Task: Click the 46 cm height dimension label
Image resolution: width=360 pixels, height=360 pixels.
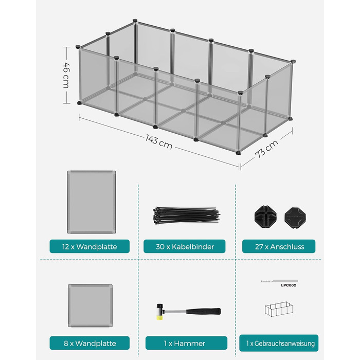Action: [x=66, y=75]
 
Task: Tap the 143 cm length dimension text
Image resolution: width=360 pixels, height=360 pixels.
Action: [x=159, y=142]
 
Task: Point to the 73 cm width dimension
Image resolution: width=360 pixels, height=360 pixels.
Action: [x=266, y=149]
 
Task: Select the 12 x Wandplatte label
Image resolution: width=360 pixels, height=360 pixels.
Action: [x=89, y=246]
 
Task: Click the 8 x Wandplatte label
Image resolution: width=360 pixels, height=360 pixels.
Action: [x=89, y=343]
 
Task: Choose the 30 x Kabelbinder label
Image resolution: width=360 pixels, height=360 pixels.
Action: [x=185, y=246]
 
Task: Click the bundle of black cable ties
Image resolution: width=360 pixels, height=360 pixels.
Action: [x=186, y=216]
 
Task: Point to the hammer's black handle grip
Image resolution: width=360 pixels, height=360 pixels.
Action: [x=204, y=311]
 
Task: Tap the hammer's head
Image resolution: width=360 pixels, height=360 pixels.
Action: [x=160, y=312]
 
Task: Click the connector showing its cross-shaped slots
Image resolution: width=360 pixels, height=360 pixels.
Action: [x=265, y=217]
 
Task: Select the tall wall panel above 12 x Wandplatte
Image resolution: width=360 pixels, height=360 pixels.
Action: [x=92, y=202]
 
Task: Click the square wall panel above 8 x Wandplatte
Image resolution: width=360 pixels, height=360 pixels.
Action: [x=90, y=306]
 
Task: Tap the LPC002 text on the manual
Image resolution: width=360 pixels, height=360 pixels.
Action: [x=289, y=285]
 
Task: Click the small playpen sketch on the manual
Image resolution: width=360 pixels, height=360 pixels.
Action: [x=279, y=309]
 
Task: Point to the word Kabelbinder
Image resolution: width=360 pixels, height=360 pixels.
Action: [x=193, y=246]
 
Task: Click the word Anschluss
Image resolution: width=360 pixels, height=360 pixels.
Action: [x=287, y=246]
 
